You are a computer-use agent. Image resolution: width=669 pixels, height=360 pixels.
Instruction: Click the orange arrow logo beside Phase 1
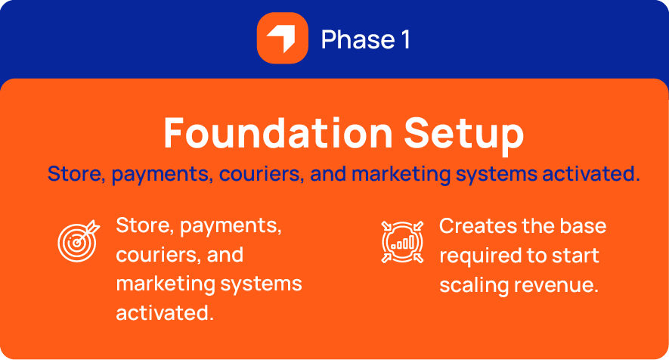[283, 38]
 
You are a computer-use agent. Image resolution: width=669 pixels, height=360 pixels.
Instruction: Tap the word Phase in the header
[358, 40]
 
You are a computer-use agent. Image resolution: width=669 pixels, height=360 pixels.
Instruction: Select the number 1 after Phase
[405, 40]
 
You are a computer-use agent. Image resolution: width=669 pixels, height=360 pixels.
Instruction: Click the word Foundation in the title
[278, 133]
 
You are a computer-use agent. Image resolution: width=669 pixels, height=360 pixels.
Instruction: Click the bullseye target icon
[79, 241]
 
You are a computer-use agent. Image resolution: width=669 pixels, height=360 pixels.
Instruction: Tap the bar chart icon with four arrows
[402, 242]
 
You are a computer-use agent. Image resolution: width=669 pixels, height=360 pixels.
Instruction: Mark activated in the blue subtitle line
[591, 174]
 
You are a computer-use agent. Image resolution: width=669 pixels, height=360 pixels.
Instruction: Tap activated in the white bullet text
[165, 313]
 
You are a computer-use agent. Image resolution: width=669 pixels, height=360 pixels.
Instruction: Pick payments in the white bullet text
[231, 226]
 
